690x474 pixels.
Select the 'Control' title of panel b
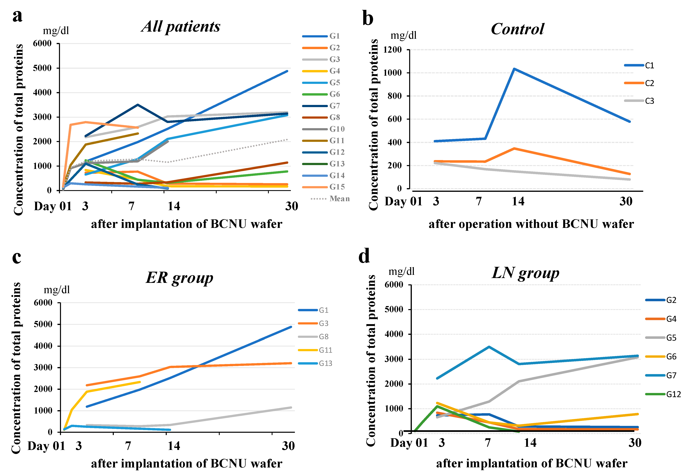(517, 29)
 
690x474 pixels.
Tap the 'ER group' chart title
(179, 278)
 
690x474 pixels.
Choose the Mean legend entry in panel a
(339, 199)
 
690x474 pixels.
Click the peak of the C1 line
(514, 69)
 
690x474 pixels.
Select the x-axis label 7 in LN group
(488, 443)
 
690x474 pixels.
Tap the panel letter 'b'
(368, 18)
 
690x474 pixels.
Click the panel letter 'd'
(364, 256)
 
